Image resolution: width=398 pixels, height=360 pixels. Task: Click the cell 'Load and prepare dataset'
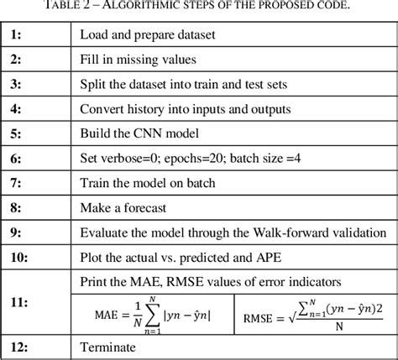[147, 36]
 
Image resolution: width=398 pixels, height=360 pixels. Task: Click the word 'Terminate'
[107, 347]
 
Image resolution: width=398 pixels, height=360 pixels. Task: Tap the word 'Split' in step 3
[93, 85]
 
